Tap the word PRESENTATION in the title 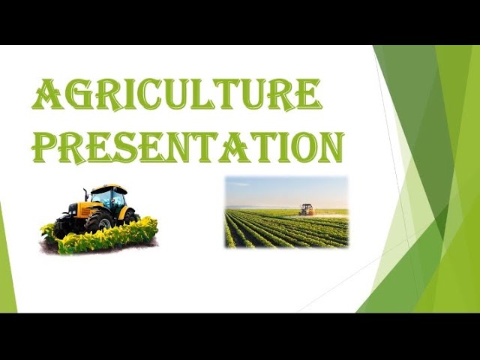point(188,146)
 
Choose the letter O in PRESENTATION point(295,146)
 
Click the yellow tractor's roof point(109,187)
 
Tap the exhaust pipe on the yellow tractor point(86,194)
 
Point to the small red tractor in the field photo point(306,209)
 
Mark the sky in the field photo point(285,190)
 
